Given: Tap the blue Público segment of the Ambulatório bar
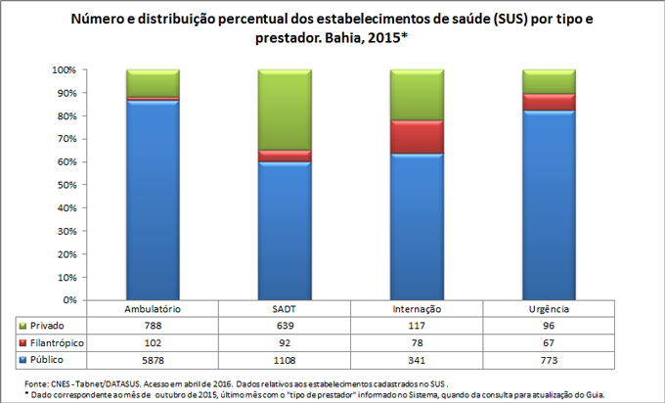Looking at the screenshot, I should tap(153, 201).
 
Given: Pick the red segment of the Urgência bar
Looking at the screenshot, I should tap(548, 103).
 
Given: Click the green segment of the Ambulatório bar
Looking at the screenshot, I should tap(153, 83).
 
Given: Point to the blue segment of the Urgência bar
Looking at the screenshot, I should tap(548, 205).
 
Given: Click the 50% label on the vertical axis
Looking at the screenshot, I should tap(65, 185).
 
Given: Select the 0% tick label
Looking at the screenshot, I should tap(68, 300).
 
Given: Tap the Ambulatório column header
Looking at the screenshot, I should tap(153, 309).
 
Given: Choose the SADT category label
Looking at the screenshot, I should tap(285, 309).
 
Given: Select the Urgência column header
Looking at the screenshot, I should tap(548, 309).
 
